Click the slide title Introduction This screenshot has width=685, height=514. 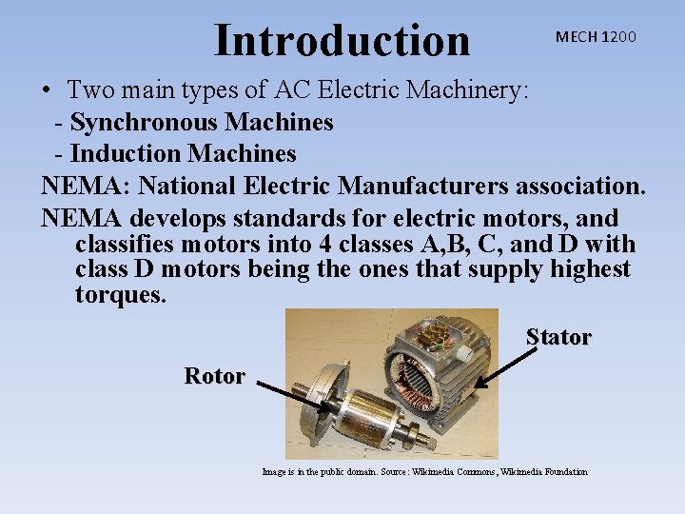click(342, 40)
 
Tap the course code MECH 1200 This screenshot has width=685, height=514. click(597, 37)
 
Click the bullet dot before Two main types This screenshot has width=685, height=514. click(46, 92)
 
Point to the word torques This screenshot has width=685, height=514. click(121, 295)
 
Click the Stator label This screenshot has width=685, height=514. click(558, 337)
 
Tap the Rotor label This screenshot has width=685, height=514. click(214, 376)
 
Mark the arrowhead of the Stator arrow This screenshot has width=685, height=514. click(479, 385)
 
